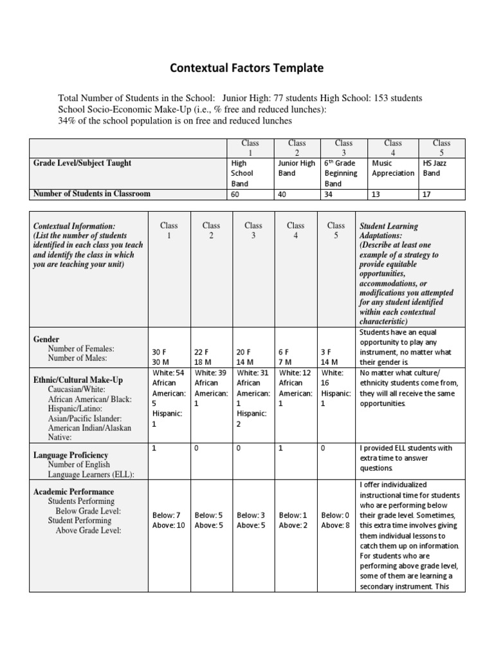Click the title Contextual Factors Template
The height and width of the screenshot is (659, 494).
pos(246,68)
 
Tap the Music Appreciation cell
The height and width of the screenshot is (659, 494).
pos(392,168)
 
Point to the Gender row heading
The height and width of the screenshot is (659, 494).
pos(46,339)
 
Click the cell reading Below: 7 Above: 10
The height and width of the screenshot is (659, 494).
pos(169,520)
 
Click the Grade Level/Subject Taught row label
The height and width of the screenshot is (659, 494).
pos(82,163)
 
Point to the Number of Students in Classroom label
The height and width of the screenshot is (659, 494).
pos(91,194)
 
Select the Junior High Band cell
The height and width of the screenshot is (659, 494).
pos(297,168)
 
